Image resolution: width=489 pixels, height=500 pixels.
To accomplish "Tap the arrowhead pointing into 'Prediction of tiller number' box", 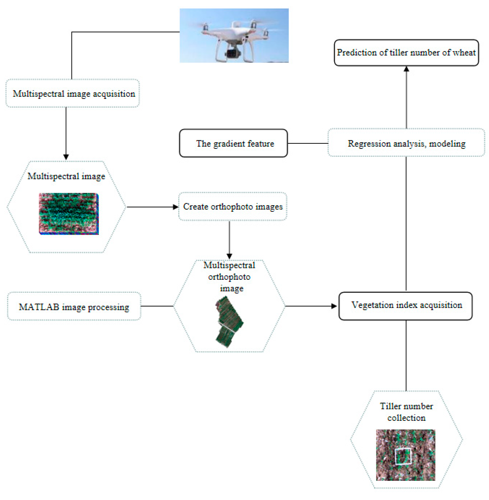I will (x=406, y=69).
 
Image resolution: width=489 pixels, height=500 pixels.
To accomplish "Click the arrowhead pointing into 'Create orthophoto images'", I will (x=176, y=207).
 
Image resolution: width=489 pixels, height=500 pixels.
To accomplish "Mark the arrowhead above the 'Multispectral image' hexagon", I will (x=66, y=157).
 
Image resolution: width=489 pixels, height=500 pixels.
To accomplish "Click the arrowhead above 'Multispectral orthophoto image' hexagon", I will (x=229, y=256).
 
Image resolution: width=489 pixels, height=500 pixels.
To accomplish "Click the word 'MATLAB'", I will (x=39, y=307).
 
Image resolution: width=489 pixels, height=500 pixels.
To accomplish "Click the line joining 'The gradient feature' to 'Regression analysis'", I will (x=308, y=143).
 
